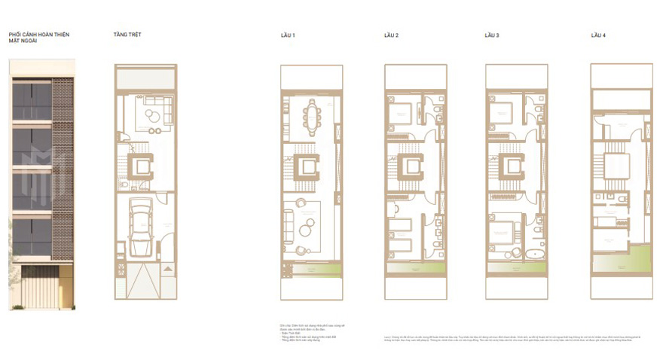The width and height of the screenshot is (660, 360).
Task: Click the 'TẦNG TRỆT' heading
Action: [x=127, y=35]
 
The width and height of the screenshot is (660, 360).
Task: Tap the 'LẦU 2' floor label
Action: [x=391, y=35]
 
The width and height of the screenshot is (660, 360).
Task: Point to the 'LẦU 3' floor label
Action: [x=492, y=35]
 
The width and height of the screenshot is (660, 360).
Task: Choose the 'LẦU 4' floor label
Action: [x=598, y=35]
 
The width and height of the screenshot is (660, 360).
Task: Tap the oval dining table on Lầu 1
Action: [x=311, y=116]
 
